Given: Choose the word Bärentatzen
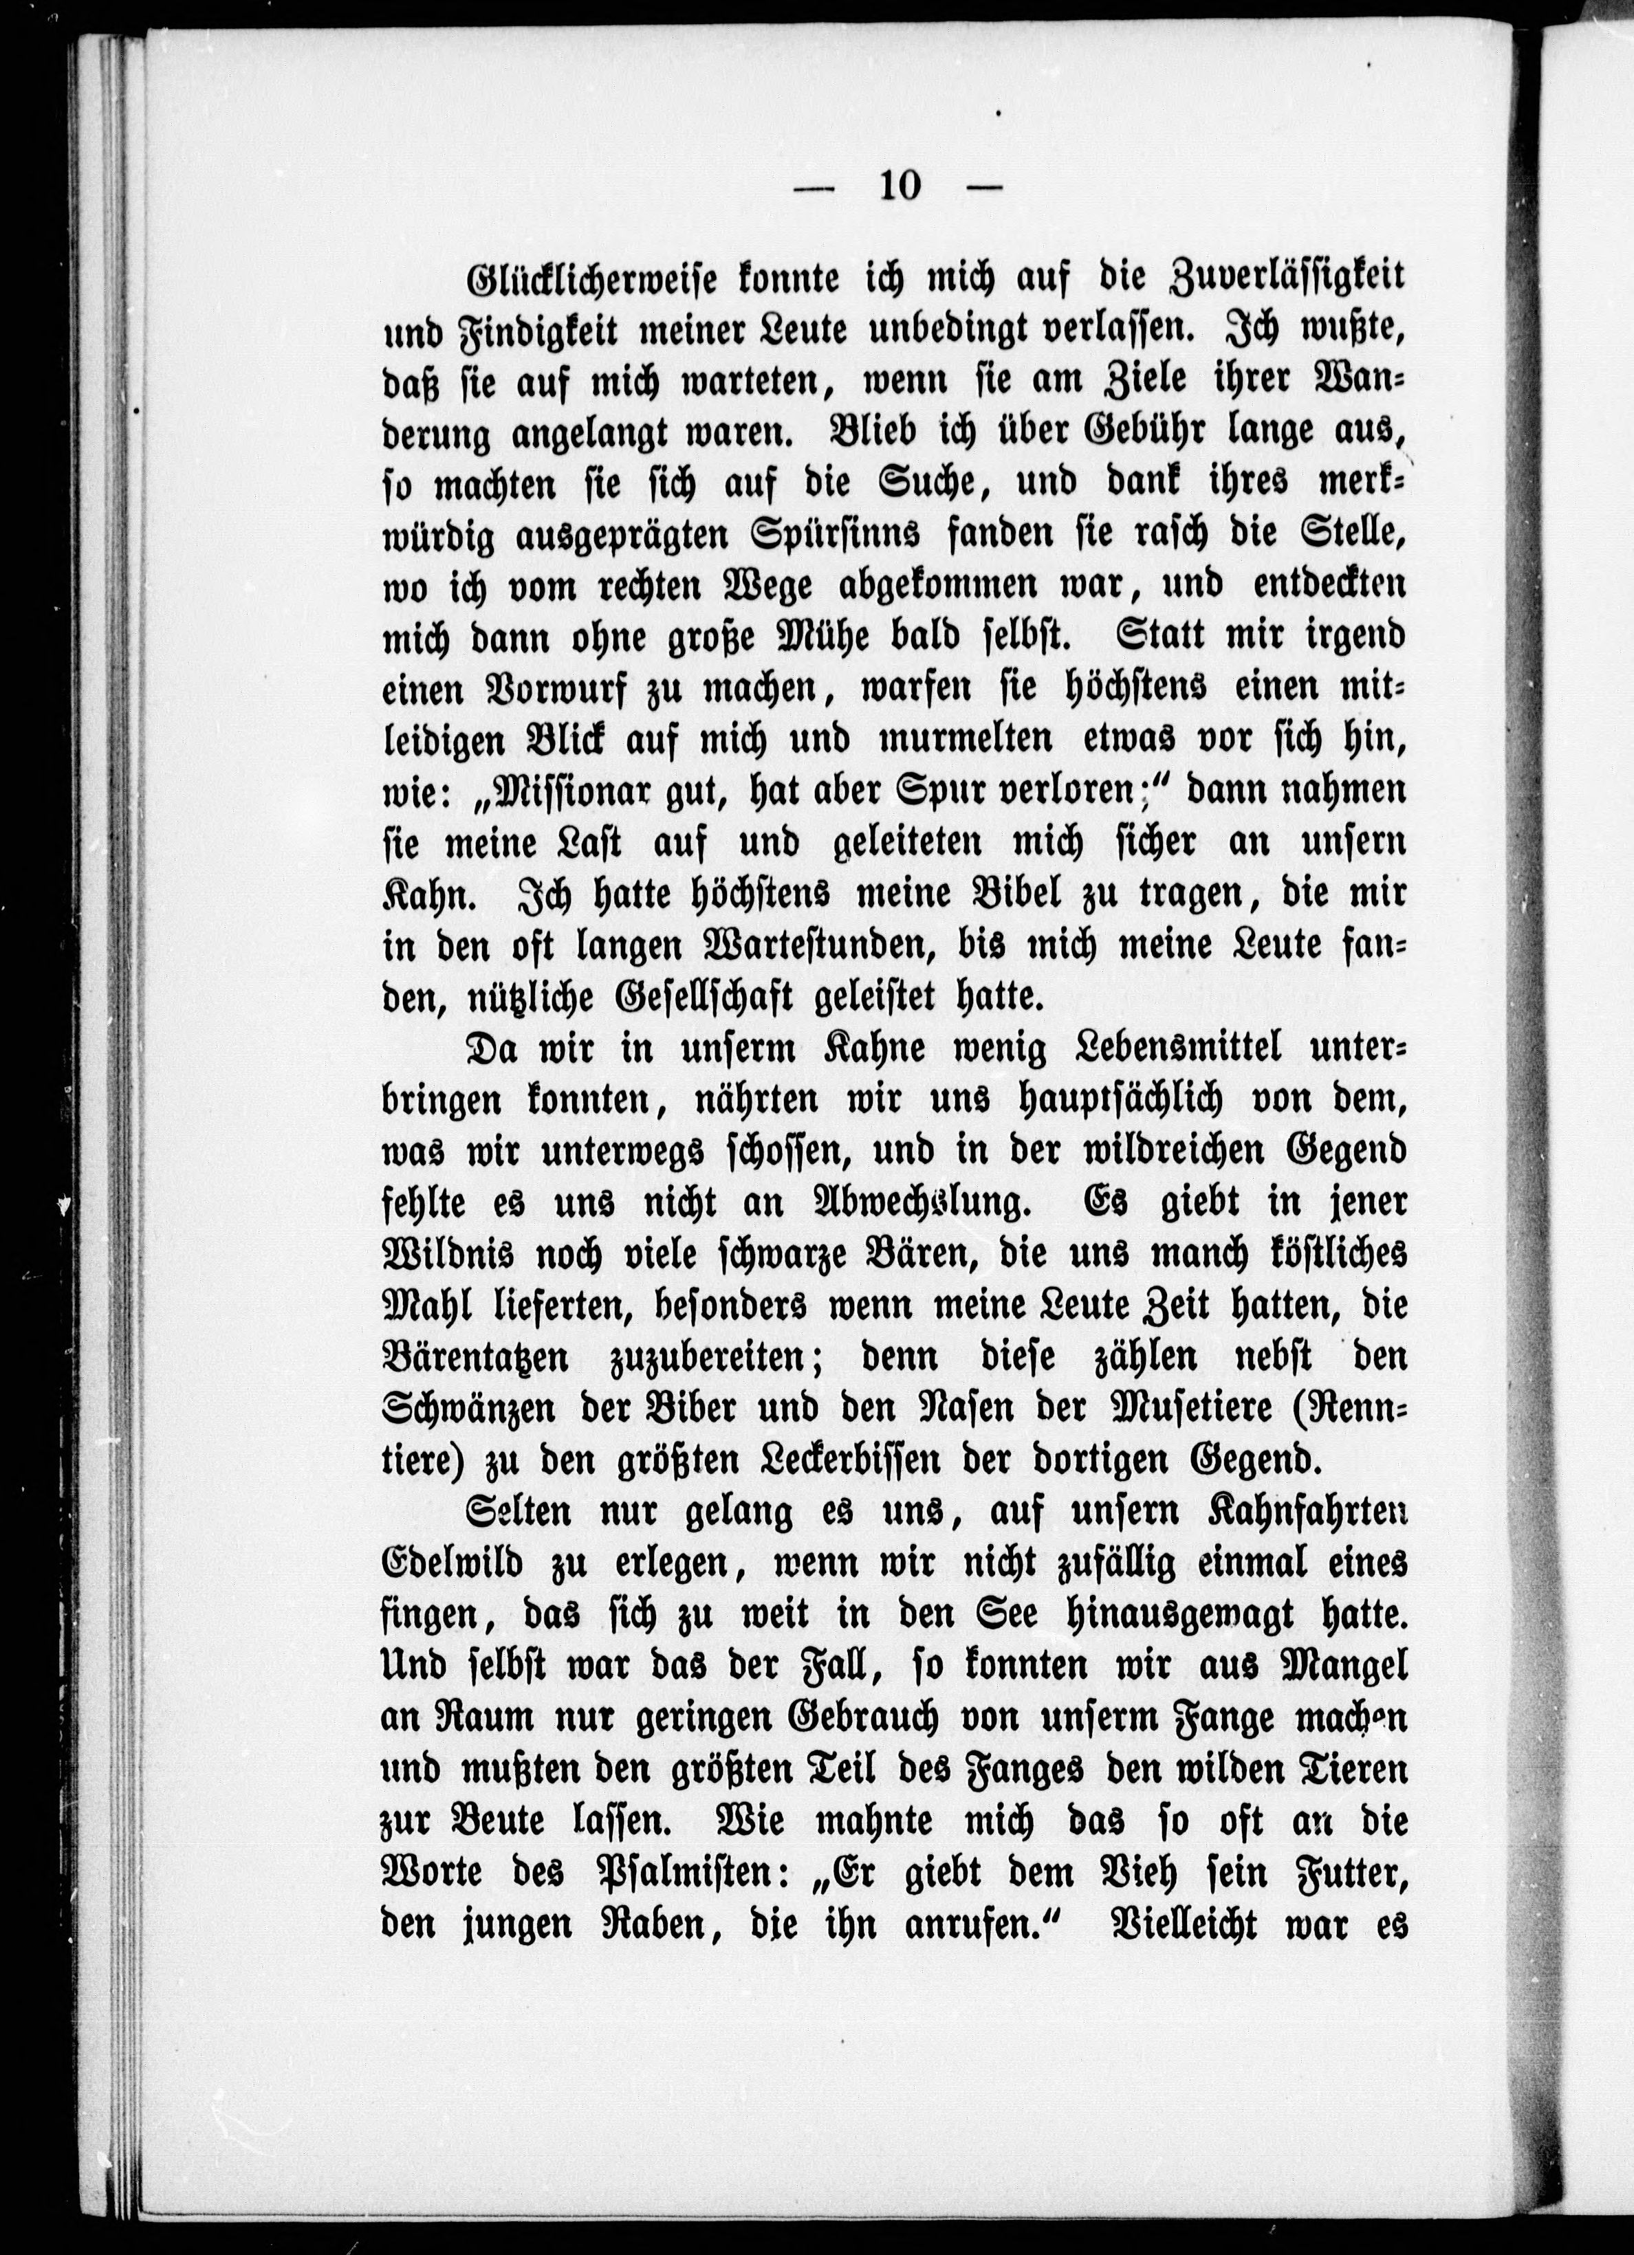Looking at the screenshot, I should pyautogui.click(x=473, y=1359).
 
